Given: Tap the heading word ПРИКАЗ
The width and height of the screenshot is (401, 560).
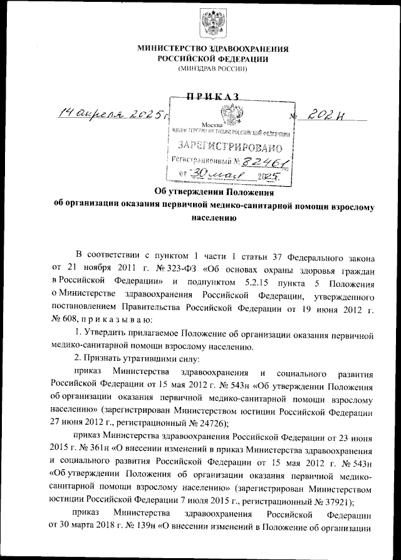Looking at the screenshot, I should point(212,97).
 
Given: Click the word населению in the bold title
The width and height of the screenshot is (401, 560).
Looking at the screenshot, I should point(212,219).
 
